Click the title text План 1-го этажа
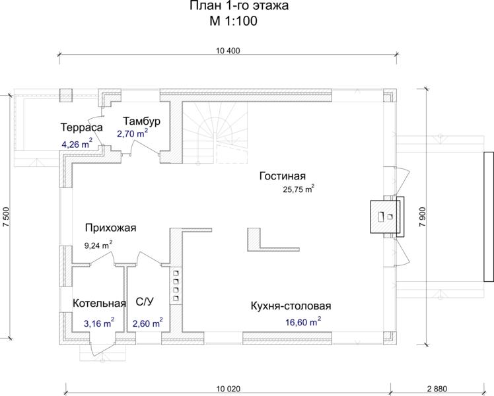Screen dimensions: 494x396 239,6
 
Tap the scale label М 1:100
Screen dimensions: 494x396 233,20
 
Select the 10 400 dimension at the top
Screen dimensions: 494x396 228,51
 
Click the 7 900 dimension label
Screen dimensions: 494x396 423,217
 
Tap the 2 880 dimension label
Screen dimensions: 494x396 437,389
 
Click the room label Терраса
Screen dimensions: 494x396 82,127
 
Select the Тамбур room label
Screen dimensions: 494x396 141,121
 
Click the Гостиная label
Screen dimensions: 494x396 283,176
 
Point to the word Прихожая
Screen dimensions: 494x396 110,228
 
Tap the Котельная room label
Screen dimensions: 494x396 99,303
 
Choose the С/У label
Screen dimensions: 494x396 145,302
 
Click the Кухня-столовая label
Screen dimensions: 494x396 291,306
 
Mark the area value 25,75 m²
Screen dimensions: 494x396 299,189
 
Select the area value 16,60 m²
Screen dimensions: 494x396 303,322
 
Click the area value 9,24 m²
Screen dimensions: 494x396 98,245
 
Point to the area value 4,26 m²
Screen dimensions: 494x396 77,144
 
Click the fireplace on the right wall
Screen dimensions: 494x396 386,216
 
